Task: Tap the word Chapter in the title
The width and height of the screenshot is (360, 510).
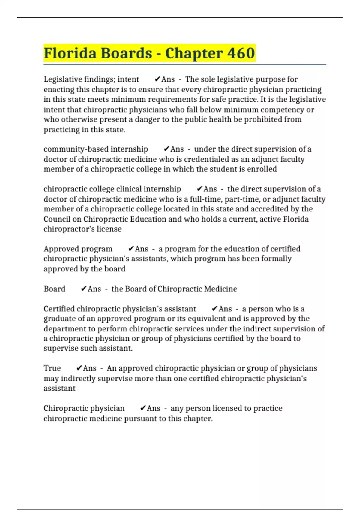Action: click(194, 53)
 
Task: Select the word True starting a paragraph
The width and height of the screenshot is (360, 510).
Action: click(52, 368)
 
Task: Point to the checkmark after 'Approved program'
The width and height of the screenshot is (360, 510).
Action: click(131, 249)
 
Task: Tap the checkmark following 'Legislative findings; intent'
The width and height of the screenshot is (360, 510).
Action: click(157, 79)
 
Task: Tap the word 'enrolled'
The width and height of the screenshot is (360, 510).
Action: click(262, 169)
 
